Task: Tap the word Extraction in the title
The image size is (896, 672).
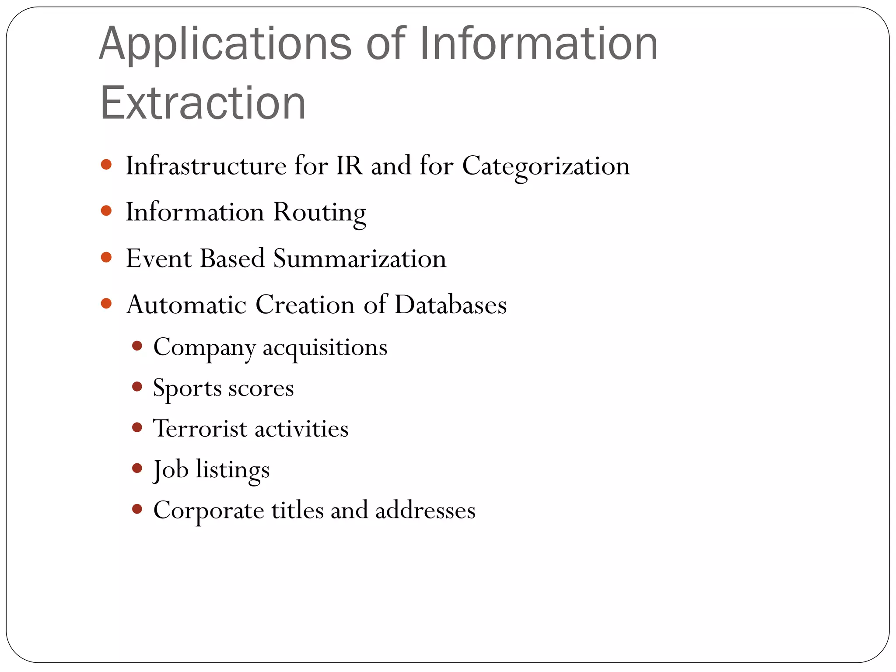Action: pyautogui.click(x=203, y=103)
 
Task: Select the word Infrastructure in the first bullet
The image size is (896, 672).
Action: pyautogui.click(x=206, y=166)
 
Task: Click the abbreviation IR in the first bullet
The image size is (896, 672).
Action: pyautogui.click(x=349, y=166)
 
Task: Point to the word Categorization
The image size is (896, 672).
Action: pyautogui.click(x=546, y=167)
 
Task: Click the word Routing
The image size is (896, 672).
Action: pyautogui.click(x=319, y=213)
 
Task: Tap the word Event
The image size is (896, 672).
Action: pyautogui.click(x=159, y=258)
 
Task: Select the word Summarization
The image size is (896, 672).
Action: pyautogui.click(x=360, y=259)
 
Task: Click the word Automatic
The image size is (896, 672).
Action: pyautogui.click(x=186, y=304)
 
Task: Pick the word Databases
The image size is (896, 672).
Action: pyautogui.click(x=451, y=304)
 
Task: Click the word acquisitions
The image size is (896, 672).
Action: pyautogui.click(x=325, y=348)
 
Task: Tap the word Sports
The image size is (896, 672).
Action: pyautogui.click(x=187, y=388)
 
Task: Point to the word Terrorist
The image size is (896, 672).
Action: pyautogui.click(x=200, y=428)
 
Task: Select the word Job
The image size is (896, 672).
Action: pyautogui.click(x=171, y=470)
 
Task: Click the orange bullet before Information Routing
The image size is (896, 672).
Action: pyautogui.click(x=106, y=211)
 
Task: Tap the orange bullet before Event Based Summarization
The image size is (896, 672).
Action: pyautogui.click(x=106, y=257)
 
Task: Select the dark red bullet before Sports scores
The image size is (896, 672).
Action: pyautogui.click(x=137, y=387)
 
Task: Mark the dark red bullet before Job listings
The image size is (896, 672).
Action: pyautogui.click(x=137, y=469)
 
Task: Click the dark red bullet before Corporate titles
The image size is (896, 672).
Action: pyautogui.click(x=137, y=509)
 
